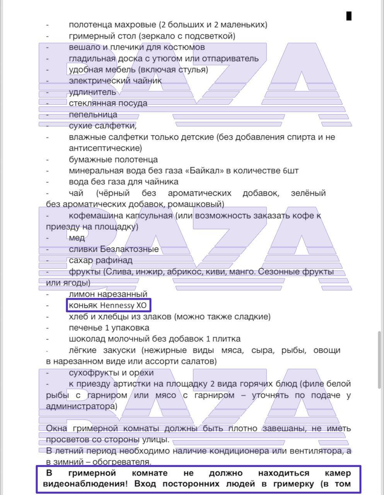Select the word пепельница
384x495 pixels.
93,114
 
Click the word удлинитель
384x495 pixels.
92,92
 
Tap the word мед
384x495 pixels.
77,238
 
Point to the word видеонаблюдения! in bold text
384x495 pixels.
85,484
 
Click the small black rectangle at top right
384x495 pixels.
349,16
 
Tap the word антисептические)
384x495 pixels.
105,148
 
